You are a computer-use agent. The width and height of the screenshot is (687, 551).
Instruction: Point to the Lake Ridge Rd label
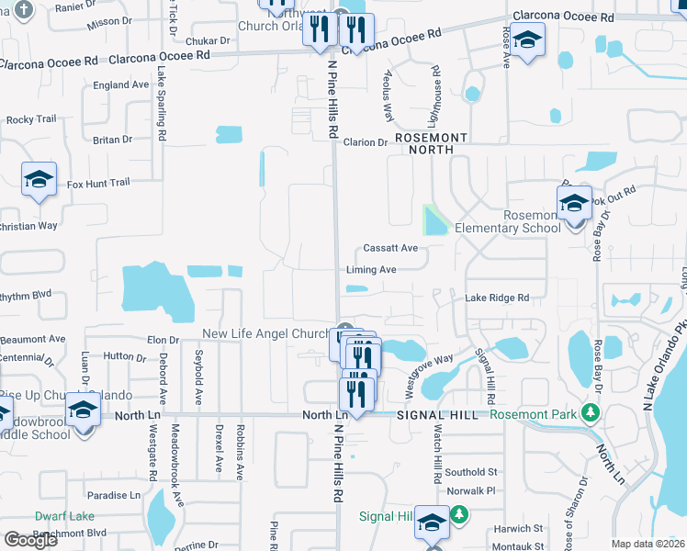click(x=497, y=298)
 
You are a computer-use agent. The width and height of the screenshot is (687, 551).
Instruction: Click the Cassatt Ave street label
click(x=390, y=248)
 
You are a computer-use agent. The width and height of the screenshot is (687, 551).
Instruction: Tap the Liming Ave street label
click(x=371, y=270)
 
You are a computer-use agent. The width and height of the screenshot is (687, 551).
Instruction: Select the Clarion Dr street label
click(x=366, y=142)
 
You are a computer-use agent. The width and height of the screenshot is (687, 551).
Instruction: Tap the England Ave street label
click(x=120, y=84)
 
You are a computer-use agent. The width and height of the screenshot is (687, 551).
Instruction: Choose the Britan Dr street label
click(x=112, y=140)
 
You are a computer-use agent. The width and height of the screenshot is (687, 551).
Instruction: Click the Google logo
click(x=30, y=540)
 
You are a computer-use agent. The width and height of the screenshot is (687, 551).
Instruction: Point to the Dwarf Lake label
click(x=64, y=516)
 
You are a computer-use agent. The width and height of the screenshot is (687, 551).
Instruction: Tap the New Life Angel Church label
click(x=265, y=333)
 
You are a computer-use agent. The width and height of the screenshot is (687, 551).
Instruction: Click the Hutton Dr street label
click(x=118, y=355)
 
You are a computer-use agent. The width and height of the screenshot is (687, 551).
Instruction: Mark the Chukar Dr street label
click(x=208, y=40)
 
